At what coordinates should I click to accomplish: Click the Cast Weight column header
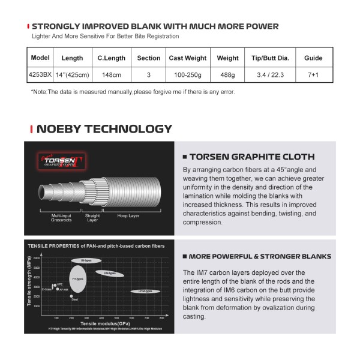click(x=188, y=58)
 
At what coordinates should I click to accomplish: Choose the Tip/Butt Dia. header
click(x=270, y=58)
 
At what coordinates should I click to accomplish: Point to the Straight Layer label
click(x=92, y=217)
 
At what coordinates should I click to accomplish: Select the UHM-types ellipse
click(x=145, y=292)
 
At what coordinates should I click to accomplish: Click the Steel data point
click(x=71, y=296)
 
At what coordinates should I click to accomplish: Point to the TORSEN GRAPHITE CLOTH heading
click(x=252, y=157)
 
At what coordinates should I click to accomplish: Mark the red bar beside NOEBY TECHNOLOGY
click(x=31, y=129)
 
